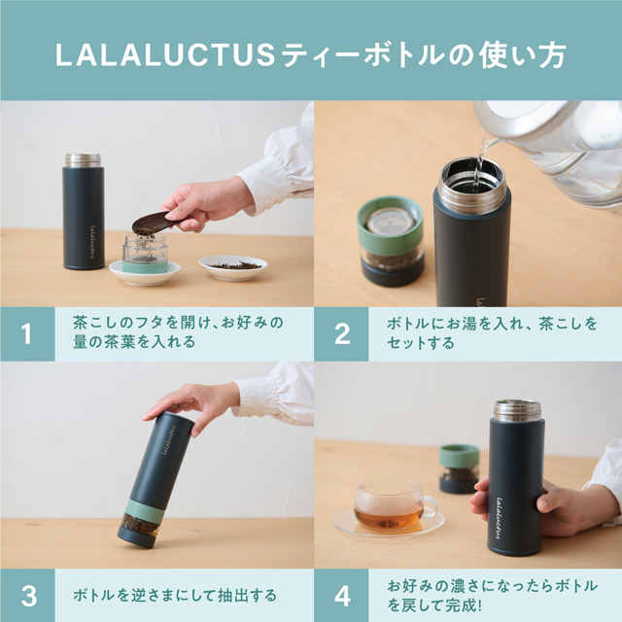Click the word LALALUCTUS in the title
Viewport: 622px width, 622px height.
(166, 54)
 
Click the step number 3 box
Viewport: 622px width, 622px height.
(26, 595)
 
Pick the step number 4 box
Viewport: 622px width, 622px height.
(341, 595)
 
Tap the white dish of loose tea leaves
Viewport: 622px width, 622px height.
(232, 265)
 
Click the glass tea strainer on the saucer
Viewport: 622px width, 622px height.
(144, 256)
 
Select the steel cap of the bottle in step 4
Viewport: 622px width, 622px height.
(517, 409)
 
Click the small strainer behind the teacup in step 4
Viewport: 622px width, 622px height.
(459, 467)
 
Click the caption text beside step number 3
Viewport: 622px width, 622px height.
(175, 595)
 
